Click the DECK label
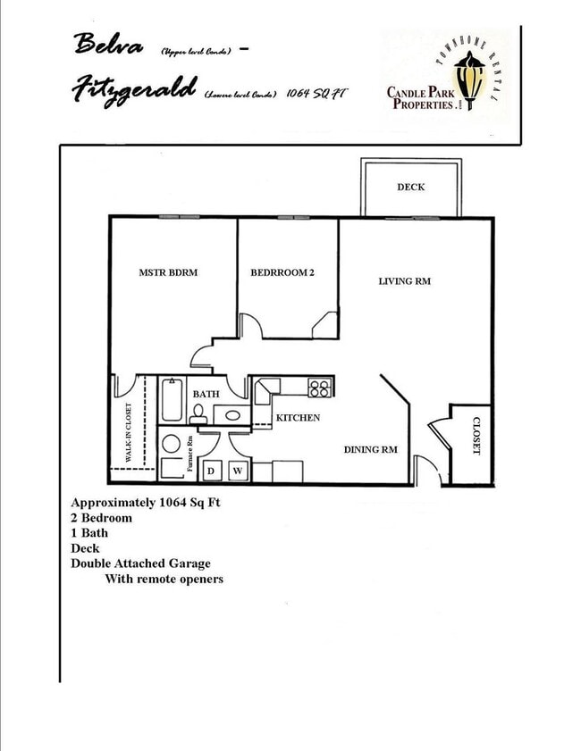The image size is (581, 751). coord(411,188)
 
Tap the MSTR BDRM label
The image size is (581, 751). coord(168,273)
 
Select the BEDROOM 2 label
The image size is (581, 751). coord(282,273)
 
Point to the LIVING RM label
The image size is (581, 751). coord(405,281)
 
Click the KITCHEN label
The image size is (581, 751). coord(298,418)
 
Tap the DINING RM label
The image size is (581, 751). coord(371,450)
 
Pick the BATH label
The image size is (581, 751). coord(206,394)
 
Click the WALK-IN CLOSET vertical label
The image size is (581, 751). coord(130,432)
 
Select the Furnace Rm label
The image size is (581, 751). coord(190,454)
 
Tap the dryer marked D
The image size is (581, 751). coord(213,471)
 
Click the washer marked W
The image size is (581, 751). coord(238,471)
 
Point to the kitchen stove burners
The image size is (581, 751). coord(320,388)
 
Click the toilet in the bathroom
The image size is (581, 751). coord(198,413)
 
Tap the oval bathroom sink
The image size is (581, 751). coord(232,414)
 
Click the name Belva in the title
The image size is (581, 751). coord(108,43)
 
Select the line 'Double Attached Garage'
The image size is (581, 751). coord(140,563)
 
